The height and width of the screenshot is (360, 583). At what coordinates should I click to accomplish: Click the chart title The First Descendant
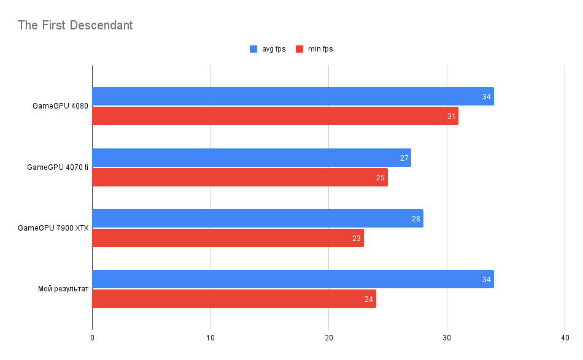click(75, 25)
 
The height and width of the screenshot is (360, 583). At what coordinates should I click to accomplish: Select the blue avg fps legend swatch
click(253, 49)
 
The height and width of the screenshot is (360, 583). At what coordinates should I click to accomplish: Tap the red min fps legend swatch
click(299, 49)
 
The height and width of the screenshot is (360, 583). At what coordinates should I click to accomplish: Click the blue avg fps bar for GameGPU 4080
click(293, 96)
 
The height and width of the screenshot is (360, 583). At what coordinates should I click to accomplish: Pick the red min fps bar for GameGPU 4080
click(275, 116)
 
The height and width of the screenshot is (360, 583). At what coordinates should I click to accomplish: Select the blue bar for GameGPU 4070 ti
click(252, 158)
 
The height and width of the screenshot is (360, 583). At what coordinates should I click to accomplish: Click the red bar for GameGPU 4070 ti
click(240, 177)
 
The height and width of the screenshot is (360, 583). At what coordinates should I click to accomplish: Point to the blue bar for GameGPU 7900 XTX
click(258, 218)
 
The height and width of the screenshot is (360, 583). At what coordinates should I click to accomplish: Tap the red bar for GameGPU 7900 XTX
click(228, 238)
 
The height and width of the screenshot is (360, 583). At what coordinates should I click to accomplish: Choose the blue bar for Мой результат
click(293, 279)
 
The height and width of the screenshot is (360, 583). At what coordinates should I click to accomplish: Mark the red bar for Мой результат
click(234, 299)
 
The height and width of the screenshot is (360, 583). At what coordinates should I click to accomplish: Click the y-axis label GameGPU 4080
click(60, 106)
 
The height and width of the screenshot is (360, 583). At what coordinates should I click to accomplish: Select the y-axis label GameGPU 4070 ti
click(58, 167)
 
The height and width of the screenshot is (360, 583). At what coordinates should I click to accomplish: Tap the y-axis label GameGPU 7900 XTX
click(53, 228)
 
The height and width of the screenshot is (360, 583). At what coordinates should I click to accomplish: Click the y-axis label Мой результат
click(63, 289)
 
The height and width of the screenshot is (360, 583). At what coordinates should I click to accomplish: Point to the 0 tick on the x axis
click(92, 338)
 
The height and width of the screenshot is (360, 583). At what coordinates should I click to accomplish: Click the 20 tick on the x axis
click(328, 338)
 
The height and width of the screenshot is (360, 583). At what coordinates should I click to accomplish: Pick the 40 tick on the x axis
click(565, 338)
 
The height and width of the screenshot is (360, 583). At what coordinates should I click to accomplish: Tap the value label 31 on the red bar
click(452, 117)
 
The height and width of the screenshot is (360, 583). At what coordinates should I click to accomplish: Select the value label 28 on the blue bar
click(416, 219)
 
